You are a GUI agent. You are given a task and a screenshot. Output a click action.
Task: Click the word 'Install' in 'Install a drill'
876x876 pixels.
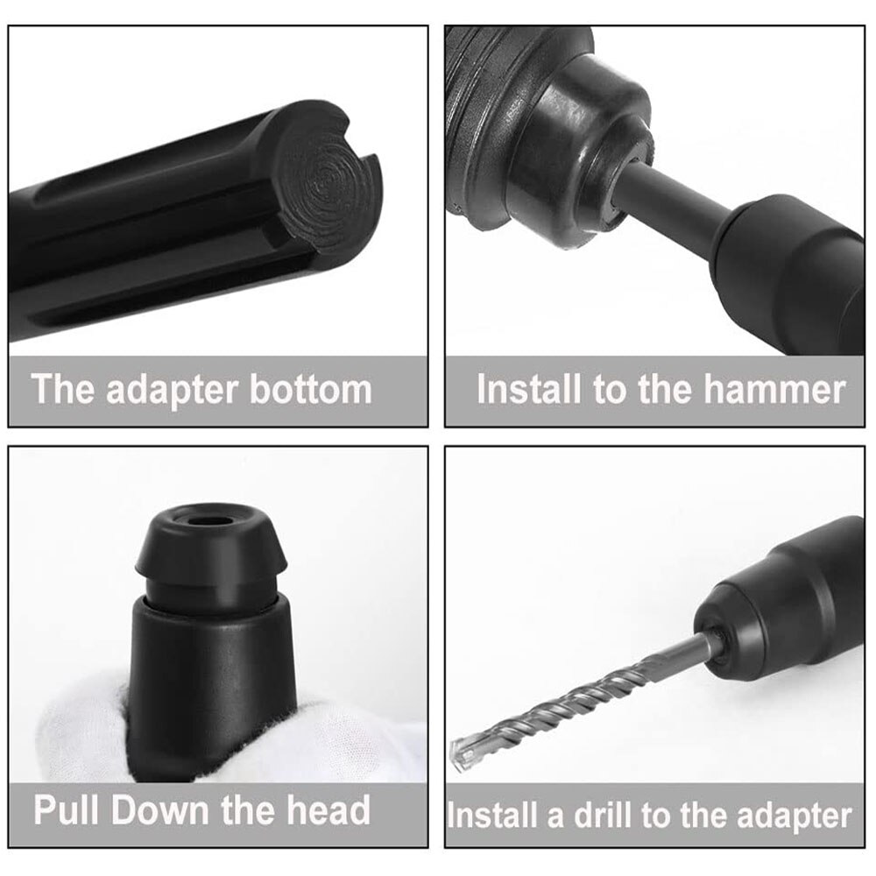492,816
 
